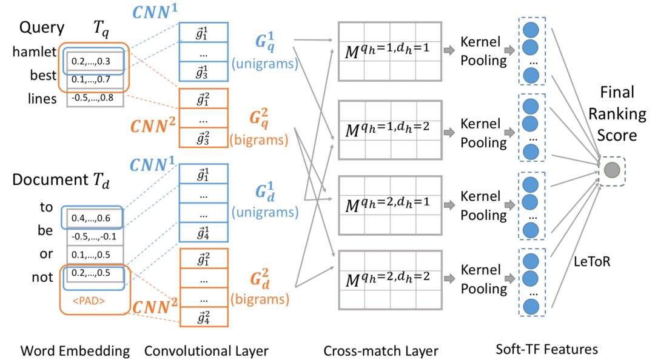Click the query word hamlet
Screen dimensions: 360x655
pos(34,53)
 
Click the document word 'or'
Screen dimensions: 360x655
pos(47,253)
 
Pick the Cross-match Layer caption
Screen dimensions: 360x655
pos(380,350)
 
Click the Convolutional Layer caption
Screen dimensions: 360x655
pos(206,350)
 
